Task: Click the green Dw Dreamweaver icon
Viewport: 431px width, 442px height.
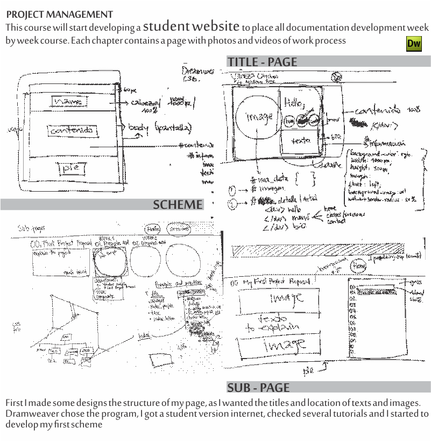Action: click(x=414, y=44)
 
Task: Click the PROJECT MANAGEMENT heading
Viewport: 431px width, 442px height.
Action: click(x=60, y=15)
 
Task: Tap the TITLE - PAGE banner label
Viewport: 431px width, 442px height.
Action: click(x=262, y=62)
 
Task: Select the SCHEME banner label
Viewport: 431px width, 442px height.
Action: click(x=178, y=205)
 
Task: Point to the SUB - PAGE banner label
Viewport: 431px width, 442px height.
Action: click(x=258, y=388)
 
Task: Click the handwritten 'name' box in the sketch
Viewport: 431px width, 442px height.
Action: click(x=70, y=101)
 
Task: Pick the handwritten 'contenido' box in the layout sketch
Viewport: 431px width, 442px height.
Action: click(x=74, y=130)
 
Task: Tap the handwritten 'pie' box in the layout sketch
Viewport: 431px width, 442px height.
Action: click(x=72, y=169)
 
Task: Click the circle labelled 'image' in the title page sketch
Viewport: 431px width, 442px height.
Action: click(x=257, y=117)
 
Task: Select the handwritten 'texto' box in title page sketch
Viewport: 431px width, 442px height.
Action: click(x=300, y=141)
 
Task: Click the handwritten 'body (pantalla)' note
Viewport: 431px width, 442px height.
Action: click(x=159, y=128)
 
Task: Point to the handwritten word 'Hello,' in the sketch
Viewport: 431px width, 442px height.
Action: click(x=295, y=101)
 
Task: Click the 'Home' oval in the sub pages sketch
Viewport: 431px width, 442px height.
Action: click(x=152, y=229)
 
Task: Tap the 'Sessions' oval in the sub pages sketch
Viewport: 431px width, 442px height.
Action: click(x=178, y=229)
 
